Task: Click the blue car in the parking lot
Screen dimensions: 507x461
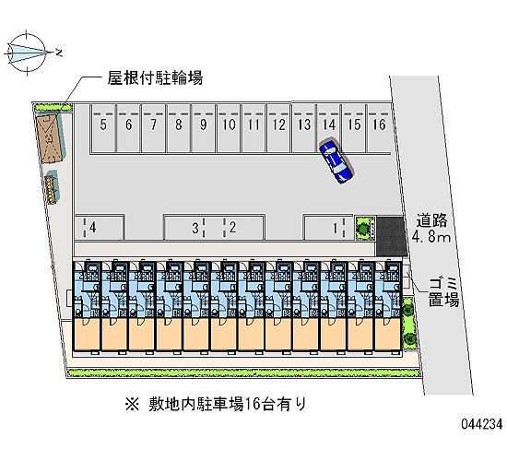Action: pyautogui.click(x=336, y=161)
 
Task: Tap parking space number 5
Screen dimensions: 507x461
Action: pyautogui.click(x=103, y=128)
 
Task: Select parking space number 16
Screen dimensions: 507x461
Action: pyautogui.click(x=379, y=128)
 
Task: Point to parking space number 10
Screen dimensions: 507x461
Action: pyautogui.click(x=229, y=128)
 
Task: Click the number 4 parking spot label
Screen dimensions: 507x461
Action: pyautogui.click(x=93, y=228)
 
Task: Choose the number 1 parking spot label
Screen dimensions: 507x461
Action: pyautogui.click(x=336, y=228)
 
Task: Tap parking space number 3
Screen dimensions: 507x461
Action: pyautogui.click(x=195, y=228)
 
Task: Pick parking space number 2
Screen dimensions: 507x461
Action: pyautogui.click(x=232, y=228)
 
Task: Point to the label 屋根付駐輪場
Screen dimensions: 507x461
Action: pyautogui.click(x=155, y=78)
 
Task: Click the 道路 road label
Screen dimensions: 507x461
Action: pyautogui.click(x=431, y=220)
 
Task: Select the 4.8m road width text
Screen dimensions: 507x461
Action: pyautogui.click(x=431, y=237)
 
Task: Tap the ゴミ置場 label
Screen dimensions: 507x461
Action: pyautogui.click(x=443, y=291)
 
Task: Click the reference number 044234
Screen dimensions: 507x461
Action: pyautogui.click(x=482, y=423)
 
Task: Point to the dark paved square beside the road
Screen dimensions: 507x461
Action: pyautogui.click(x=391, y=236)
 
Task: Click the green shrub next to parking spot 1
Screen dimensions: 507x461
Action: pyautogui.click(x=363, y=228)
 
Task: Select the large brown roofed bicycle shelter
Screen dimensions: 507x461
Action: pyautogui.click(x=50, y=136)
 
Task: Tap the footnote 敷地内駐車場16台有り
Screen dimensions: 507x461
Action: pyautogui.click(x=216, y=404)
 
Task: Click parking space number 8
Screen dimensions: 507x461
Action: pyautogui.click(x=179, y=128)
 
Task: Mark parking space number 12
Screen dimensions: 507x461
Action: pyautogui.click(x=278, y=128)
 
